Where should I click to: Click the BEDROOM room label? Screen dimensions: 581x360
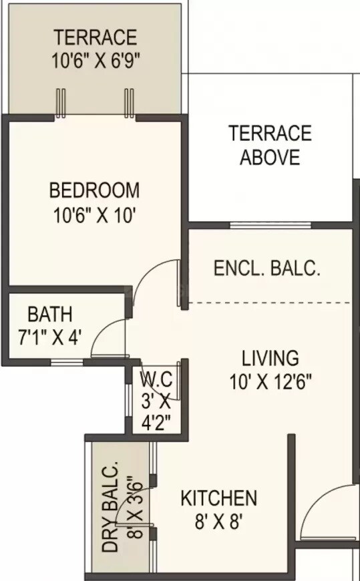(x=94, y=190)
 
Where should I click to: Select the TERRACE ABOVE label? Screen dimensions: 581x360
(x=270, y=146)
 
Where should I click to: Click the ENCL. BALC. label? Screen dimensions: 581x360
(x=267, y=269)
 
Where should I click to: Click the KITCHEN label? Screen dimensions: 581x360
(x=219, y=498)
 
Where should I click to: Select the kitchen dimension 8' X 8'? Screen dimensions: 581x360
(x=219, y=522)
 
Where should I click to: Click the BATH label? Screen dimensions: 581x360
(x=50, y=313)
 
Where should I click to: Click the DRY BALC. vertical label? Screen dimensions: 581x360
(x=110, y=506)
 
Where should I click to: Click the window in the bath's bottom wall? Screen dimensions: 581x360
(x=67, y=363)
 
